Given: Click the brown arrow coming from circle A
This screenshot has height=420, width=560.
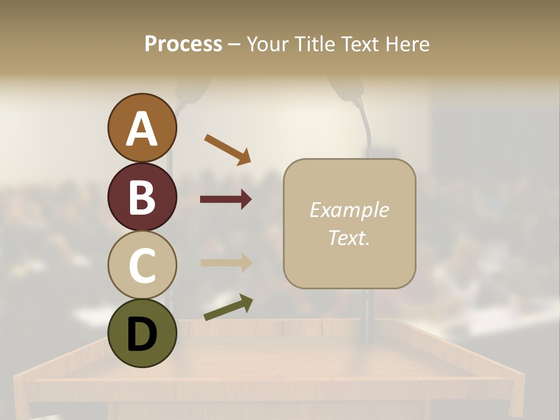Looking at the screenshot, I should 228,149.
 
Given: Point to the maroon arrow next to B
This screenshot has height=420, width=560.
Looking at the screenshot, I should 226,199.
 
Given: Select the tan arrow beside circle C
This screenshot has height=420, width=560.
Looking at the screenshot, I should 226,262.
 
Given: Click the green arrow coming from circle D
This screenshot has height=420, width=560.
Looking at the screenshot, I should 228,307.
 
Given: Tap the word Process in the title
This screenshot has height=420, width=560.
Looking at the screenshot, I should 183,44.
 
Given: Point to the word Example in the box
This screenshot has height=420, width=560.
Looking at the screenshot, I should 349,210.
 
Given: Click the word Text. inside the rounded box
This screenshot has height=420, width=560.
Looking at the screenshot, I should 349,237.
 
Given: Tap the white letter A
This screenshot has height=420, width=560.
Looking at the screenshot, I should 142,129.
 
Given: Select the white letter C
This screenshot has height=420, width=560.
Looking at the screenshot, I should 142,265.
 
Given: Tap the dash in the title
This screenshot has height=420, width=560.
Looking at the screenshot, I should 235,44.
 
